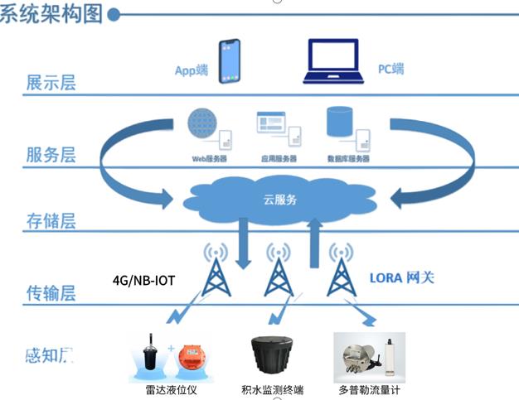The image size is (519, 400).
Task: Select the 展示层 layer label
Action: [x=51, y=83]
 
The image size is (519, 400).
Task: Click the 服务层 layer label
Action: [x=51, y=154]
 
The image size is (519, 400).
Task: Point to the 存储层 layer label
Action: [x=51, y=220]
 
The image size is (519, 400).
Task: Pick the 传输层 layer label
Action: [x=51, y=292]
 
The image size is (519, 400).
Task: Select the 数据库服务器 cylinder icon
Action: [x=340, y=123]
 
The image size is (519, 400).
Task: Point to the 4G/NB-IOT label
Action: [x=144, y=280]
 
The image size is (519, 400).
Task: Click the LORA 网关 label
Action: [x=403, y=278]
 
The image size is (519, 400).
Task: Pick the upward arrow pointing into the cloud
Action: [x=315, y=243]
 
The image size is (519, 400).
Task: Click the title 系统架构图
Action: [x=51, y=14]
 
